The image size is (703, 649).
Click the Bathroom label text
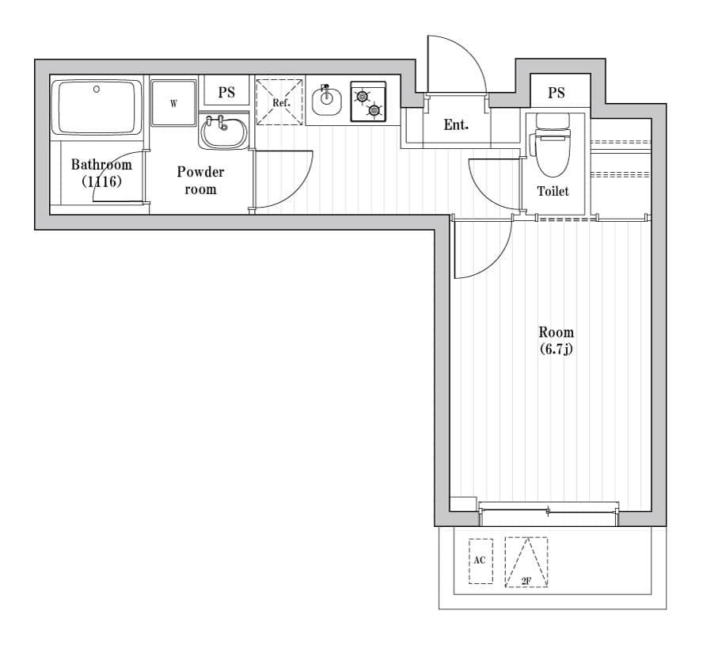click(x=101, y=165)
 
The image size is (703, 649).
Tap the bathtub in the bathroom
click(x=96, y=108)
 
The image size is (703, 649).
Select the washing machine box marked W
click(x=173, y=102)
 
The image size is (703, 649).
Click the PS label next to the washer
click(x=226, y=93)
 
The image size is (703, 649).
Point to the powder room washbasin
click(x=224, y=132)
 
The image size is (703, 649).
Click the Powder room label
click(x=200, y=180)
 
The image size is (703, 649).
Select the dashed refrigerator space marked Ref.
click(x=280, y=102)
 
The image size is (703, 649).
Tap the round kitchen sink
click(x=326, y=101)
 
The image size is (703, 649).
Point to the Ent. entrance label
click(x=456, y=124)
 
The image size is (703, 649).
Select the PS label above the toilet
click(x=557, y=93)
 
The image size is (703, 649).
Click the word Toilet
click(x=553, y=191)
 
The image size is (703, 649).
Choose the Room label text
click(x=556, y=332)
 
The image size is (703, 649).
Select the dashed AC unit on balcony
click(x=480, y=561)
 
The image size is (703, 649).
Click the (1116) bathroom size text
click(x=101, y=181)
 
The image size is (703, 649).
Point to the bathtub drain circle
click(x=97, y=89)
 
